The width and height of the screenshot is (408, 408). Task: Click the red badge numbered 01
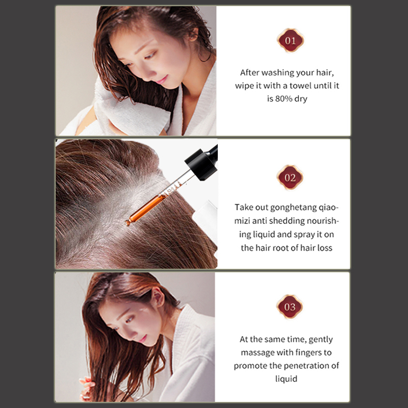(x=290, y=40)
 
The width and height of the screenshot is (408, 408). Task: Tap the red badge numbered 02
(x=290, y=177)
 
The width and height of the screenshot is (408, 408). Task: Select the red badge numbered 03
(x=290, y=307)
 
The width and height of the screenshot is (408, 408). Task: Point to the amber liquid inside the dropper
(x=147, y=208)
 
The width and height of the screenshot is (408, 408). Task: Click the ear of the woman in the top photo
(x=193, y=34)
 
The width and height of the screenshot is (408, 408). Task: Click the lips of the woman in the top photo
(x=162, y=79)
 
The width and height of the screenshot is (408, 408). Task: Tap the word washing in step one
(x=277, y=73)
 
